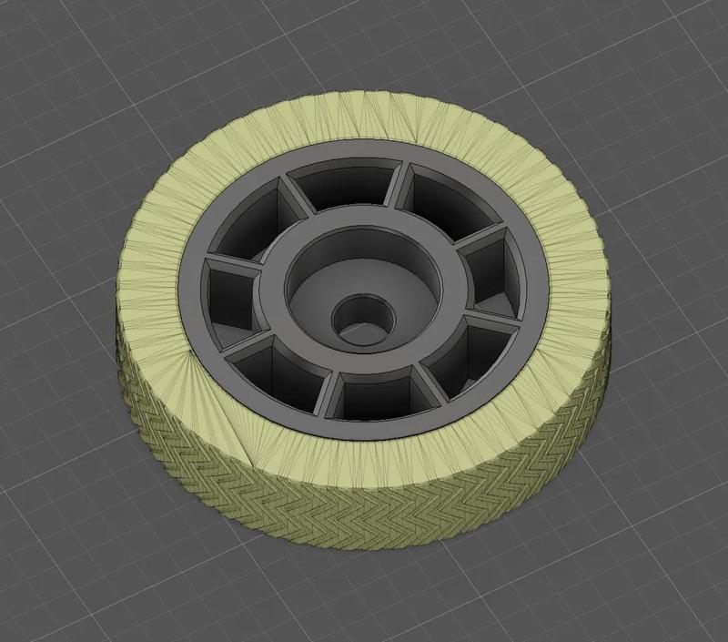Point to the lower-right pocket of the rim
click(460, 350)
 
